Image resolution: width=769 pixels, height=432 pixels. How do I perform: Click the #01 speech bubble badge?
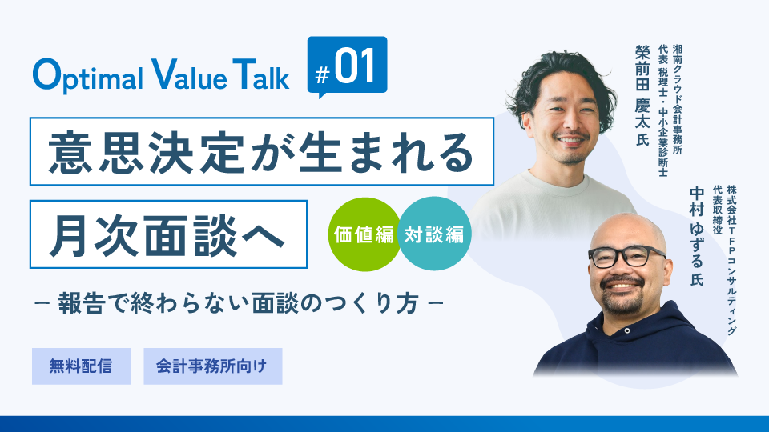(347, 66)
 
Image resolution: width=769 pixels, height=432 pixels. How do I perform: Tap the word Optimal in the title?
(87, 75)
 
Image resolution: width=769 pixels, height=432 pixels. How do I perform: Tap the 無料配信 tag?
(81, 366)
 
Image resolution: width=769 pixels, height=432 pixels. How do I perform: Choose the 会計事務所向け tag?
(212, 366)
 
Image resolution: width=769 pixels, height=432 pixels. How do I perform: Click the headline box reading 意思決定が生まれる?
(261, 151)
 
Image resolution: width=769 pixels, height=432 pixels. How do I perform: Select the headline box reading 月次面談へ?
(168, 234)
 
